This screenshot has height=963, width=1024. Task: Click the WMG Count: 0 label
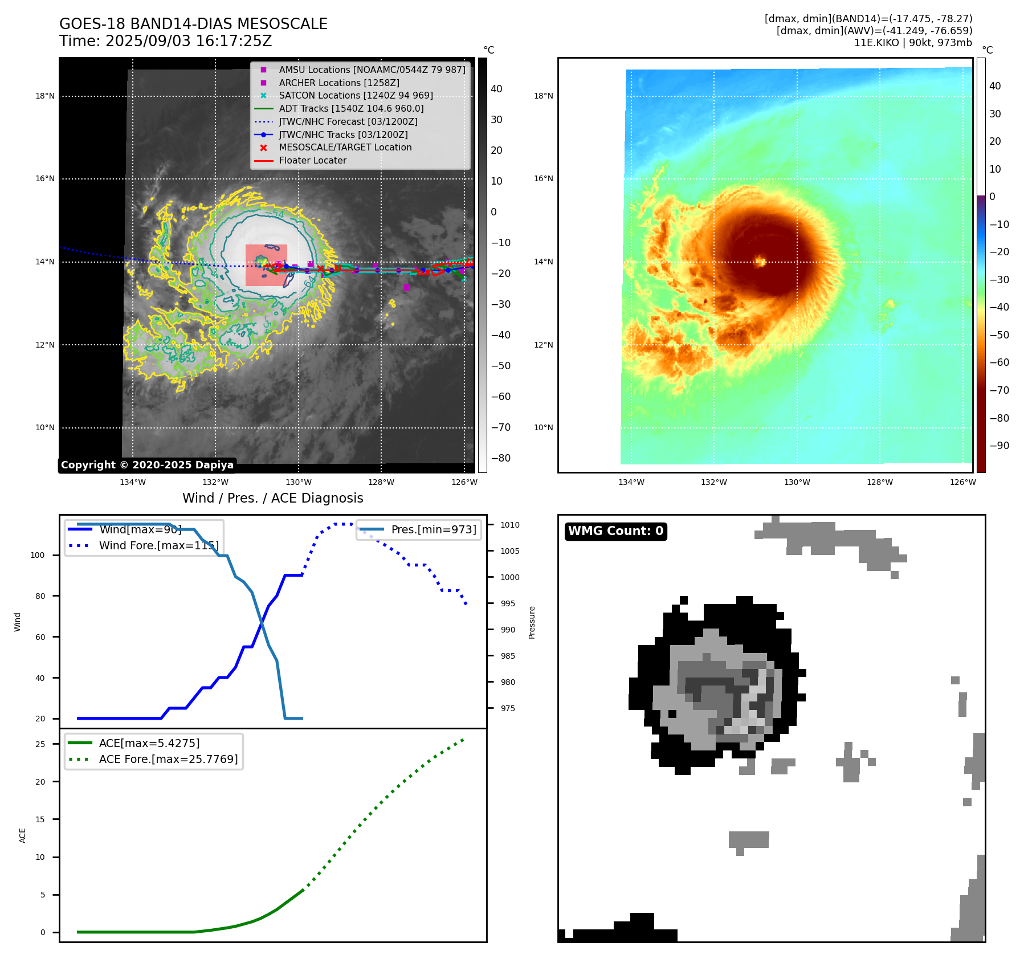tap(615, 531)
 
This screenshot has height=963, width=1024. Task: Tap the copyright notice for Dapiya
tap(147, 465)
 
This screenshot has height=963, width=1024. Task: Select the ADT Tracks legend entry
tap(351, 108)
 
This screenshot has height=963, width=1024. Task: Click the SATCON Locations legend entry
tap(356, 95)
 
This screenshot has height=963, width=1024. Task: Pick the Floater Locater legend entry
tap(312, 160)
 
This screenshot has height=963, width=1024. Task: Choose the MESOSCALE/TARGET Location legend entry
tap(345, 147)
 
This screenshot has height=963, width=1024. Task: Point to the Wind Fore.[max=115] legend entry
tap(158, 545)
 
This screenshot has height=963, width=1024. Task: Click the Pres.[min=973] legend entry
tap(433, 529)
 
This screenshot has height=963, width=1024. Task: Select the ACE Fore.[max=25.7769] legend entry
tap(168, 759)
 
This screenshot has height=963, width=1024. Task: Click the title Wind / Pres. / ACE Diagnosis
tap(272, 498)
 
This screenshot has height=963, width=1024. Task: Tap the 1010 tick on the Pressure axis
tap(510, 525)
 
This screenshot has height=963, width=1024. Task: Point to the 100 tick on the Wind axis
tap(38, 555)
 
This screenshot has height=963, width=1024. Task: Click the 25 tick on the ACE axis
tap(40, 744)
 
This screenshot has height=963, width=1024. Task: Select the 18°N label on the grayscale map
tap(45, 96)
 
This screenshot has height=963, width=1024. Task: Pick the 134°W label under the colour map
tap(631, 482)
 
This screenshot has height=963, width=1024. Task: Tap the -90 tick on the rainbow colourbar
tap(999, 446)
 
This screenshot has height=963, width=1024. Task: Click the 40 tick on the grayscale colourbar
tap(496, 89)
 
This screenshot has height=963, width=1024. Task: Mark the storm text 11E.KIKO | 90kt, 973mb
tap(913, 43)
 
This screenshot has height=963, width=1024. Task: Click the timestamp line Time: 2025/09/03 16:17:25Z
tap(165, 42)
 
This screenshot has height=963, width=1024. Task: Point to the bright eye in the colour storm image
tap(760, 262)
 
